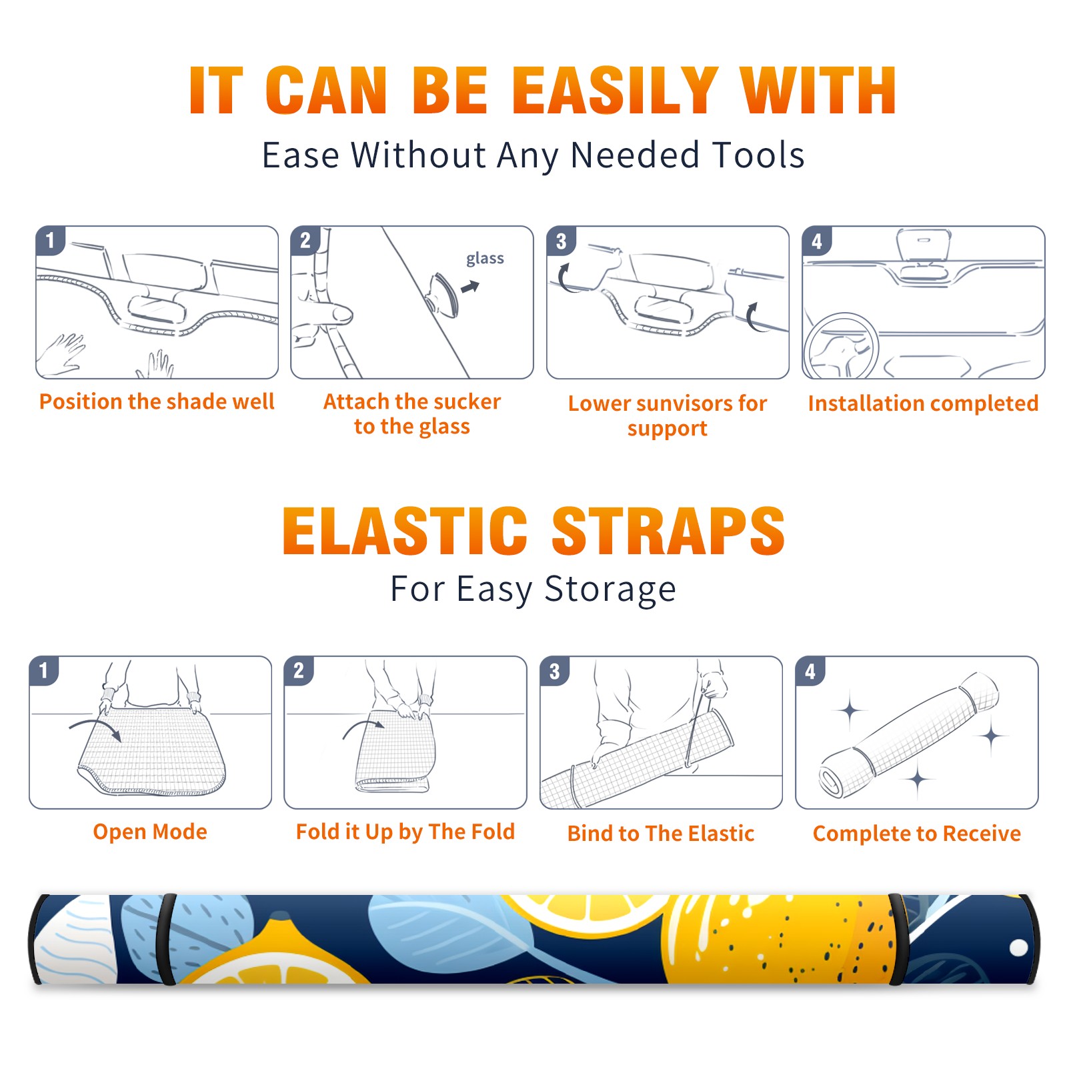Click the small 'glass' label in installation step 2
485,259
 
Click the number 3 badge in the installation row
561,241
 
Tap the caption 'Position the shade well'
157,401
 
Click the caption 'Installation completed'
923,403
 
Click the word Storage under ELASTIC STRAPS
610,590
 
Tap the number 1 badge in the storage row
44,670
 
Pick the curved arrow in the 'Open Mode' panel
95,728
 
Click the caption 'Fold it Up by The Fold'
405,832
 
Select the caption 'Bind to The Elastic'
661,834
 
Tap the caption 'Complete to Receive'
917,834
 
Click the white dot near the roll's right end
1018,948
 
